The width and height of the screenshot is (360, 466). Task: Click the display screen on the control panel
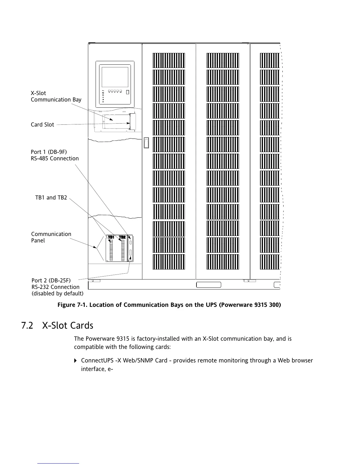(115, 77)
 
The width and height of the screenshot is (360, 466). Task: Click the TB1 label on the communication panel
(111, 237)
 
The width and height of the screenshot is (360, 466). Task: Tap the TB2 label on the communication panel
(122, 237)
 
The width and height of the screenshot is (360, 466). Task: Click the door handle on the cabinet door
(146, 143)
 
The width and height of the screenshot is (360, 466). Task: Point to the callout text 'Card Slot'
(42, 125)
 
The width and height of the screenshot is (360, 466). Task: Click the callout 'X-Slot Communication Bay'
(56, 96)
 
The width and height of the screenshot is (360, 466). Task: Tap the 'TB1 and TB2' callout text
(51, 198)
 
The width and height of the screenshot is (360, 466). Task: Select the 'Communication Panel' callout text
(51, 237)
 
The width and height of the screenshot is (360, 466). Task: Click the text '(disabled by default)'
(57, 294)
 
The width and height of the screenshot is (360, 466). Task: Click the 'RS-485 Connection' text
(55, 159)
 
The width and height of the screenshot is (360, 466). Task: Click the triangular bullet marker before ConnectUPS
(76, 361)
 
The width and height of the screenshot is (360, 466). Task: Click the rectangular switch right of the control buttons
(127, 92)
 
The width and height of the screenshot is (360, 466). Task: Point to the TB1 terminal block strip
(111, 250)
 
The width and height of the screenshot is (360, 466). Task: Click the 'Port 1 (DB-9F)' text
(49, 152)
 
